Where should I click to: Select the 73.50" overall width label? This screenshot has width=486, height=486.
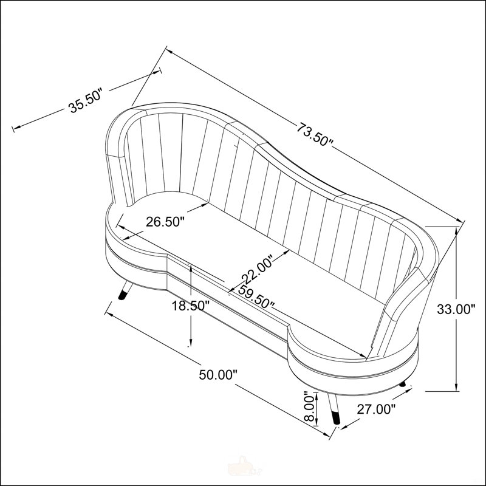click(x=315, y=134)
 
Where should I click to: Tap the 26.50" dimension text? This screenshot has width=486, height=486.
click(x=165, y=222)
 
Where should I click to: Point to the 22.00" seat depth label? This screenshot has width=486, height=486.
click(x=258, y=269)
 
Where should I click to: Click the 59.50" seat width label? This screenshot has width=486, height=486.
click(x=256, y=297)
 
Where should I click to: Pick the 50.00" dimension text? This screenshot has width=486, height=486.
click(x=218, y=375)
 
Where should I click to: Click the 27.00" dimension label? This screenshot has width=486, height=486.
click(x=377, y=409)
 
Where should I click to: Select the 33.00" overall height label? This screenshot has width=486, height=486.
click(x=456, y=309)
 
